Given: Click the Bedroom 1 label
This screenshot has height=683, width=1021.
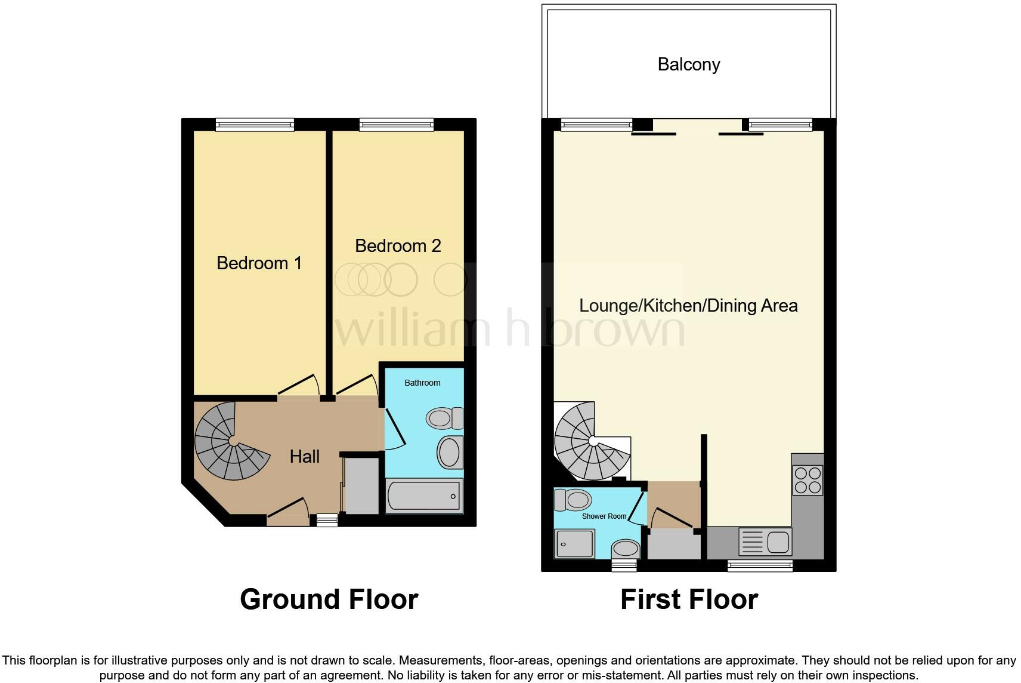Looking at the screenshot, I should coord(259,263).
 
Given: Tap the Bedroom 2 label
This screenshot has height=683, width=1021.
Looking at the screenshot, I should coord(398,245).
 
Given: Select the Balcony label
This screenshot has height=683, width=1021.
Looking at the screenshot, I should coord(688,64).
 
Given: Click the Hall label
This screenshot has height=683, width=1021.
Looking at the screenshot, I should coord(304,457).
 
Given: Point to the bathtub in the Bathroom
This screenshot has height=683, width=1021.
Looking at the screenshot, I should coord(424,496).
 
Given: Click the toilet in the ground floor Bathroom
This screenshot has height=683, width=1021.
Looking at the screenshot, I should coord(445,418).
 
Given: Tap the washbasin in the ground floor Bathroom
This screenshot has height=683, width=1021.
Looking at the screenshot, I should coord(450,452).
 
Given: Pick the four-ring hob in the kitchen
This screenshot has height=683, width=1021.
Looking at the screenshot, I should coord(807,480).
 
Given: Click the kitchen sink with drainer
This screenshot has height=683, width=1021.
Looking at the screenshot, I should coord(765,542).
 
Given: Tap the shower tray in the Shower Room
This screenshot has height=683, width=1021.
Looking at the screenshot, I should coord(575,544).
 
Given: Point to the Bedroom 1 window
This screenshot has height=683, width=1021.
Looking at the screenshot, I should coord(255,125).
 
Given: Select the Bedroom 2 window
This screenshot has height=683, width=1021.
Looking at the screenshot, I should coord(396,125).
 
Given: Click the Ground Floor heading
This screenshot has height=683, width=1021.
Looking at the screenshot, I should coord(329,599).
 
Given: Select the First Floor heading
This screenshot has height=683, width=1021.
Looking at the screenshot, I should coord(689,599).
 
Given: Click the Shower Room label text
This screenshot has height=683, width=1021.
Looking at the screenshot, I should coord(604,516).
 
